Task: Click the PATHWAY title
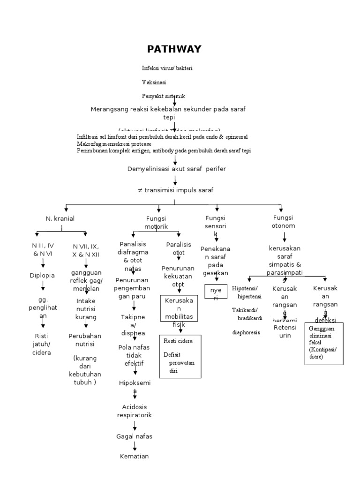pyautogui.click(x=174, y=49)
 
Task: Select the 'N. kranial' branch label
pyautogui.click(x=60, y=218)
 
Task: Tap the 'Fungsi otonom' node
pyautogui.click(x=284, y=222)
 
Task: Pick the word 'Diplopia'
pyautogui.click(x=42, y=275)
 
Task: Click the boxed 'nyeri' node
pyautogui.click(x=216, y=294)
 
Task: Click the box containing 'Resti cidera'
pyautogui.click(x=180, y=356)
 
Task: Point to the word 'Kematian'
pyautogui.click(x=135, y=456)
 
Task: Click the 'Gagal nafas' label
pyautogui.click(x=135, y=436)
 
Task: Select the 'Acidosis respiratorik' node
pyautogui.click(x=135, y=411)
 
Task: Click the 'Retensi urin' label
pyautogui.click(x=283, y=331)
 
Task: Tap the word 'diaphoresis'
pyautogui.click(x=246, y=332)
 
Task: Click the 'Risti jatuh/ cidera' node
pyautogui.click(x=42, y=344)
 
